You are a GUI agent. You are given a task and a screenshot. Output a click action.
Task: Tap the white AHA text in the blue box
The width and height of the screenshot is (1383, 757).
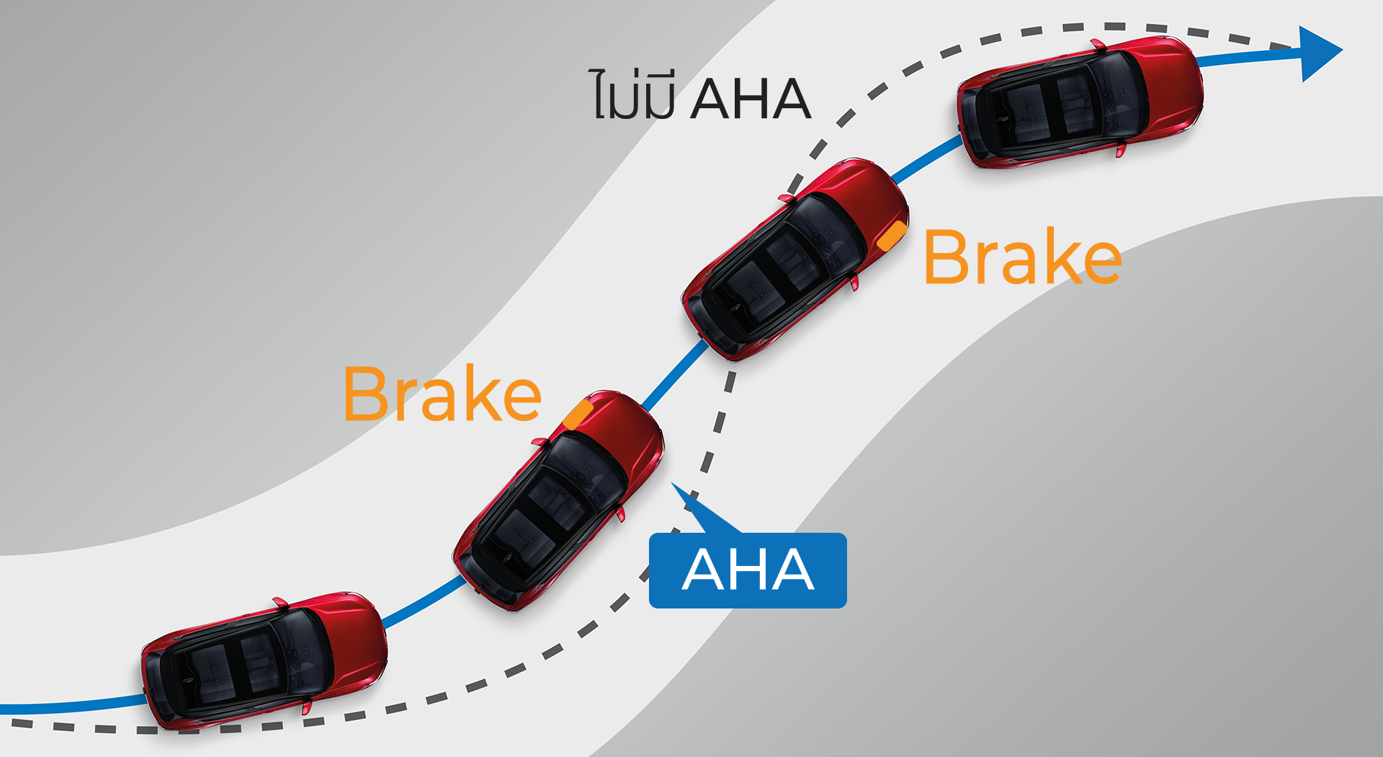coord(748,570)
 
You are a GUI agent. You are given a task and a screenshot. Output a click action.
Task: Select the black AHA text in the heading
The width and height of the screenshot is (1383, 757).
coord(751,99)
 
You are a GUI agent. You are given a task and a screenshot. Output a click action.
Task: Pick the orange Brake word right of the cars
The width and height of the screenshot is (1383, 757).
coord(1022,257)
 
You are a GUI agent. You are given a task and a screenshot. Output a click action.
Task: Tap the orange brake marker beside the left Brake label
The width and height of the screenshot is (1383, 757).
coord(578,415)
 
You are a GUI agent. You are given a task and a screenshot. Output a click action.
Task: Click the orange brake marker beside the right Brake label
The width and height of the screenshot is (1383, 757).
coord(892,235)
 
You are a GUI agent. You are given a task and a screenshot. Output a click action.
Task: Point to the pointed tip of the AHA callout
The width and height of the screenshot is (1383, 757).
coord(674,485)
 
